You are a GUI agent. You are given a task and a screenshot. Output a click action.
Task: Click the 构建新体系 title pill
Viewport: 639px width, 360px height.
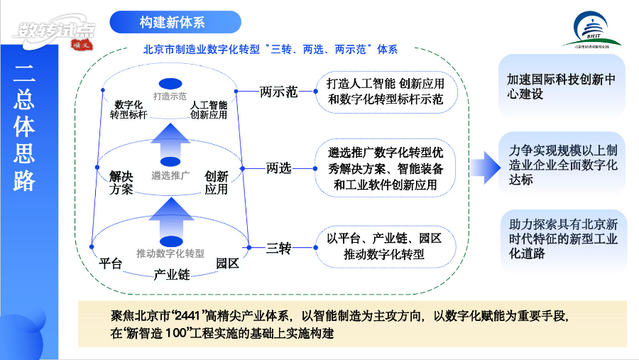click(x=175, y=22)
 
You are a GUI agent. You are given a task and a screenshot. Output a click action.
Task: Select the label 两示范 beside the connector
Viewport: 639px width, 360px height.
click(x=278, y=92)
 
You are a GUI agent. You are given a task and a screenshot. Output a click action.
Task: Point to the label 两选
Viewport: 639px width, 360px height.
click(x=279, y=168)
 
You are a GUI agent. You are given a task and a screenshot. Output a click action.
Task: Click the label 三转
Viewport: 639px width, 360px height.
click(x=278, y=249)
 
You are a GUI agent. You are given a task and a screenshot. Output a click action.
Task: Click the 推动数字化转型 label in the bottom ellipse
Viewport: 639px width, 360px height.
click(x=170, y=253)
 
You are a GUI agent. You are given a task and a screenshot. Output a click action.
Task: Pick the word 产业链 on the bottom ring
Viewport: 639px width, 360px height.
click(x=171, y=274)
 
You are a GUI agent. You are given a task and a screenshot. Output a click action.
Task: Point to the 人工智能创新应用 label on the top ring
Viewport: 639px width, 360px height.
click(x=209, y=109)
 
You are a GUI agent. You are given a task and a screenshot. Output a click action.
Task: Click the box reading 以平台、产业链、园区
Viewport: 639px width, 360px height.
click(x=384, y=246)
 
